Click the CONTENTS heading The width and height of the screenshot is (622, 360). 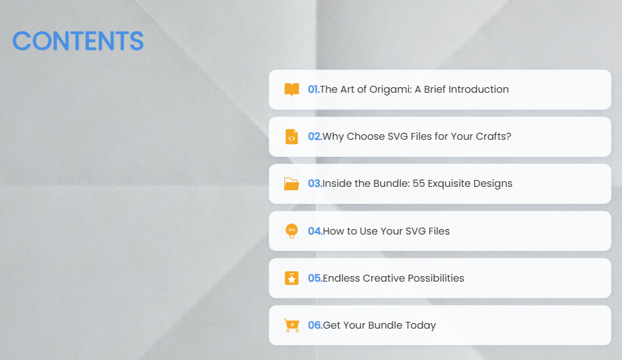coord(78,41)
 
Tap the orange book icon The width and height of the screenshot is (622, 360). coord(292,90)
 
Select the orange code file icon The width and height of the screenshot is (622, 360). coord(292,137)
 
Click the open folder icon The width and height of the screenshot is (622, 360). coord(292,184)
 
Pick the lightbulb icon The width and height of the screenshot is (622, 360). coord(292,231)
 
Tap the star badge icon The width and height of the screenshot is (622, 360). coord(292,278)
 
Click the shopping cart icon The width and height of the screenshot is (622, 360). coord(292,325)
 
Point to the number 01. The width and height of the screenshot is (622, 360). coord(313,89)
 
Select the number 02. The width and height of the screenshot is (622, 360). coord(315,136)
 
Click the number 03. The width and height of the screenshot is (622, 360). coord(315,183)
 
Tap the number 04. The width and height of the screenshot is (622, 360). coord(315,231)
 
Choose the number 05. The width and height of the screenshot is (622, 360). coord(315,278)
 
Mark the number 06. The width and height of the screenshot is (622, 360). coord(315,325)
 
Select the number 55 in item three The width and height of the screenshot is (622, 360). coord(418,183)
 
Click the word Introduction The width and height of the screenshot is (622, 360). coord(478,89)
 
